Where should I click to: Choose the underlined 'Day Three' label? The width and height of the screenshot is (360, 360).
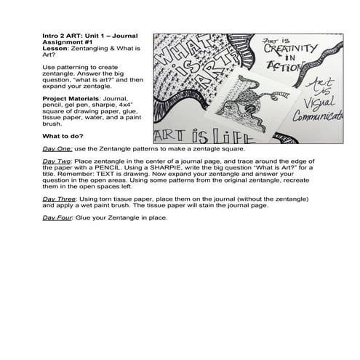tap(59, 198)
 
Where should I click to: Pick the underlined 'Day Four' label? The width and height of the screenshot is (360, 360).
tap(57, 217)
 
